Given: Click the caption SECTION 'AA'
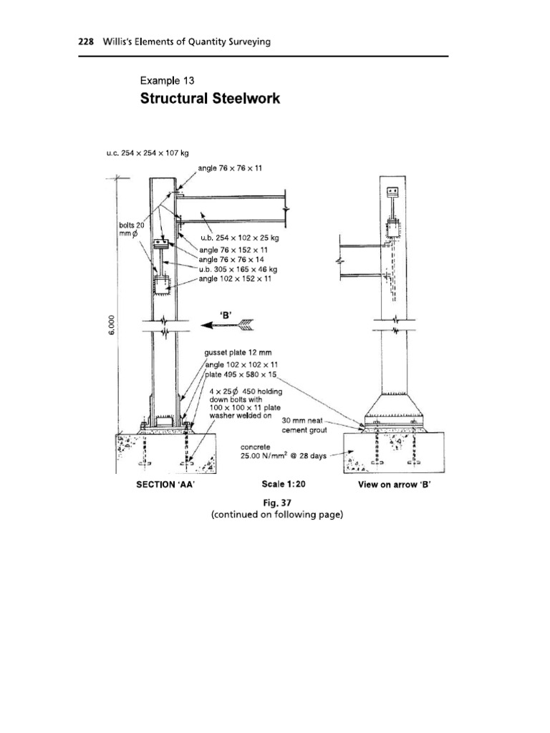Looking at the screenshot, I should click(165, 485).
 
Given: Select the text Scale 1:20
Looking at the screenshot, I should click(284, 485).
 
